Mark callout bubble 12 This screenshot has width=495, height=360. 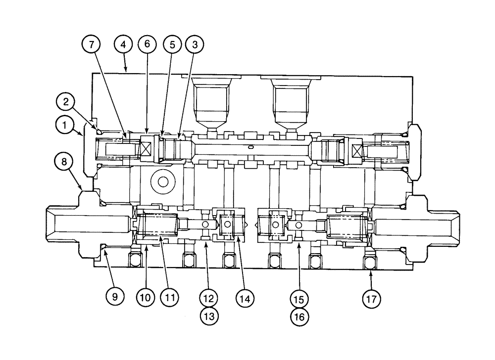point(209,298)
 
